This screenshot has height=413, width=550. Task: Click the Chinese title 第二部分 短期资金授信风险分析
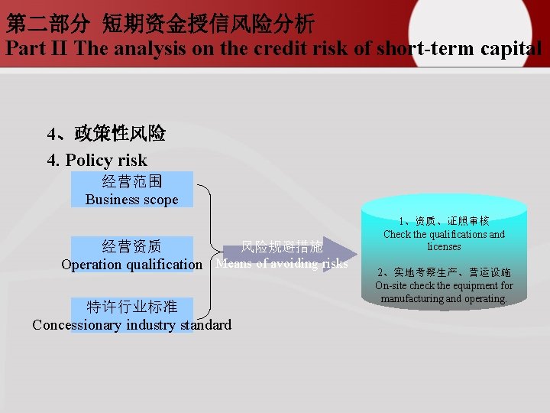pyautogui.click(x=160, y=24)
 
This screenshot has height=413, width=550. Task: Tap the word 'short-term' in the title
pyautogui.click(x=431, y=49)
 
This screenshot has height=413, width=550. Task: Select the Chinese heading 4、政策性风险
pyautogui.click(x=106, y=134)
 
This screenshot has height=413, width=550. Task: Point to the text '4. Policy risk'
pyautogui.click(x=97, y=161)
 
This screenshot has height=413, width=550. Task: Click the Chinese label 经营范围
pyautogui.click(x=131, y=182)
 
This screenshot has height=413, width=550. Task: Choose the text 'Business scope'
pyautogui.click(x=131, y=200)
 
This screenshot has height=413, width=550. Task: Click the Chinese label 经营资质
pyautogui.click(x=131, y=246)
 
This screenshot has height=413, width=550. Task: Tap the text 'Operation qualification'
pyautogui.click(x=131, y=265)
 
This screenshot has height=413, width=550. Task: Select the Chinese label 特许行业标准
pyautogui.click(x=131, y=307)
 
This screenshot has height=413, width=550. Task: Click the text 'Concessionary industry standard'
pyautogui.click(x=131, y=325)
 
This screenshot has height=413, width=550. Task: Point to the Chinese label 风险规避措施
pyautogui.click(x=282, y=246)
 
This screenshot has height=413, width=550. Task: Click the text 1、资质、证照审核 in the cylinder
pyautogui.click(x=444, y=221)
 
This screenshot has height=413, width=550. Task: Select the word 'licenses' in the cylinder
pyautogui.click(x=444, y=246)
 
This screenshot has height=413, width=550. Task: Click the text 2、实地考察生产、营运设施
pyautogui.click(x=444, y=272)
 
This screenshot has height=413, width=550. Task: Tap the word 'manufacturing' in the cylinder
pyautogui.click(x=412, y=298)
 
